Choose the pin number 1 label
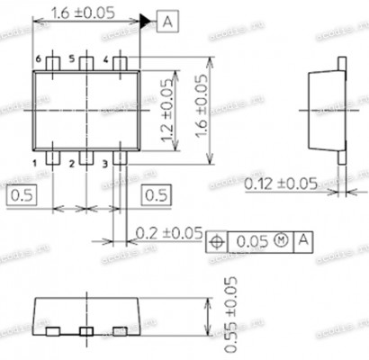(37, 163)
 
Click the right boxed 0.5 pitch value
(155, 193)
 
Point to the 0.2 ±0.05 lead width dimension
(168, 233)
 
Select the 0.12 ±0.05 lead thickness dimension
(281, 184)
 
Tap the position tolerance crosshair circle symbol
(217, 241)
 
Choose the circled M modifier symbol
(281, 241)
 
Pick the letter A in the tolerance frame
(303, 241)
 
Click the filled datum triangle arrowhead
(145, 21)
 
